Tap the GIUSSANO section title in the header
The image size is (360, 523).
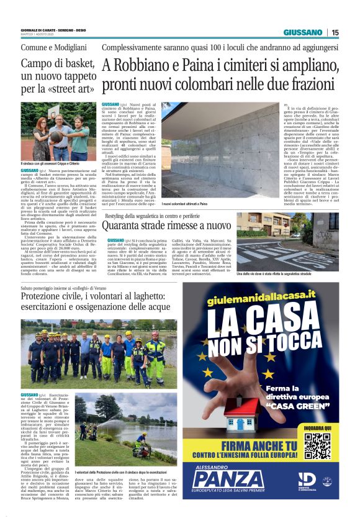[302, 32]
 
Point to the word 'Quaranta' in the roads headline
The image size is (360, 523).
[132, 224]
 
